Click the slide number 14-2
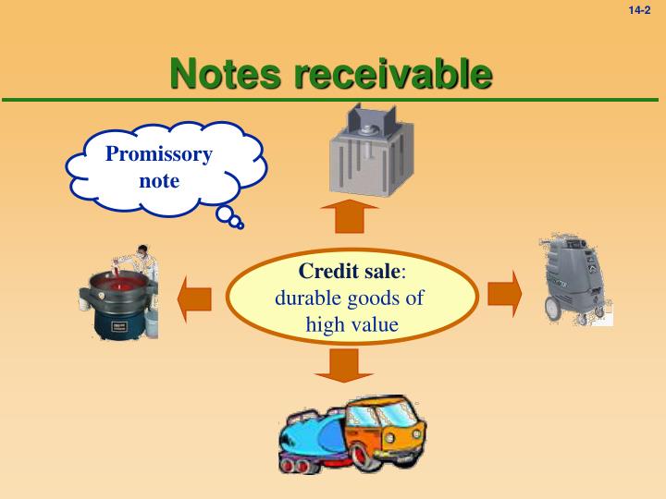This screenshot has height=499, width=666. (x=640, y=10)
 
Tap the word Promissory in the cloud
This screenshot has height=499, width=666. (x=159, y=153)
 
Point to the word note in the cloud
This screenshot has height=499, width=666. (x=159, y=180)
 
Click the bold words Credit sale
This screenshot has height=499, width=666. (x=351, y=272)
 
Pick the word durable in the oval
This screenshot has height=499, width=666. (x=307, y=298)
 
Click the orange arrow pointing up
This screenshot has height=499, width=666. (x=350, y=217)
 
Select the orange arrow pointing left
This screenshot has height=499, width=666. (x=195, y=298)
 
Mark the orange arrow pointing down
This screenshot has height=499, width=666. (x=343, y=366)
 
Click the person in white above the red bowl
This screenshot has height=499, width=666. (x=142, y=259)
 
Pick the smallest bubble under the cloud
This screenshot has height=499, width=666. (x=240, y=225)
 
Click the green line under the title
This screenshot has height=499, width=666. (x=333, y=99)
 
